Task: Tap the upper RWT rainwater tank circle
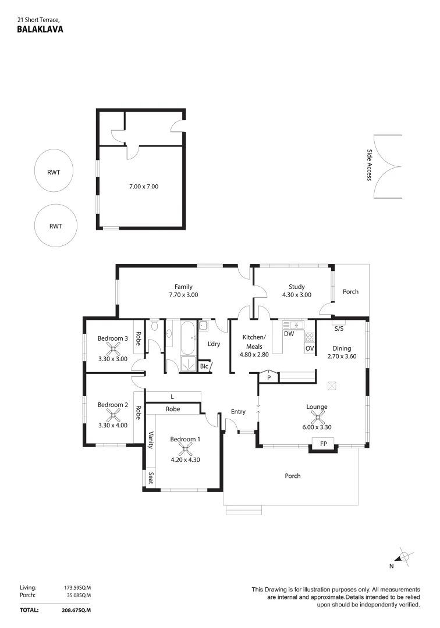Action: (x=54, y=172)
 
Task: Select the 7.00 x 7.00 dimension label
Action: (x=143, y=187)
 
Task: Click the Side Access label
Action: (x=369, y=165)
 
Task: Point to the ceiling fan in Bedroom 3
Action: (x=112, y=348)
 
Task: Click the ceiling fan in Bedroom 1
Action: (x=185, y=449)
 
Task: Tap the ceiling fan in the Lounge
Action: (x=317, y=416)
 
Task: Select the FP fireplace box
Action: (x=324, y=444)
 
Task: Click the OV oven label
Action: (x=310, y=348)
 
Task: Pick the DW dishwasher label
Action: (x=289, y=333)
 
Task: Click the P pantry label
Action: (x=269, y=377)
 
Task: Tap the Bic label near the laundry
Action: (x=204, y=366)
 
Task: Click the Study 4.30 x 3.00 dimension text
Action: (x=297, y=295)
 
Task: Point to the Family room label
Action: (x=183, y=287)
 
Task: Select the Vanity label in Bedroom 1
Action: (x=151, y=440)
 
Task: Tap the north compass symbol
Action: (x=405, y=558)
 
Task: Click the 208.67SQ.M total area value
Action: (x=77, y=610)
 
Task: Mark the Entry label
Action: (x=238, y=412)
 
